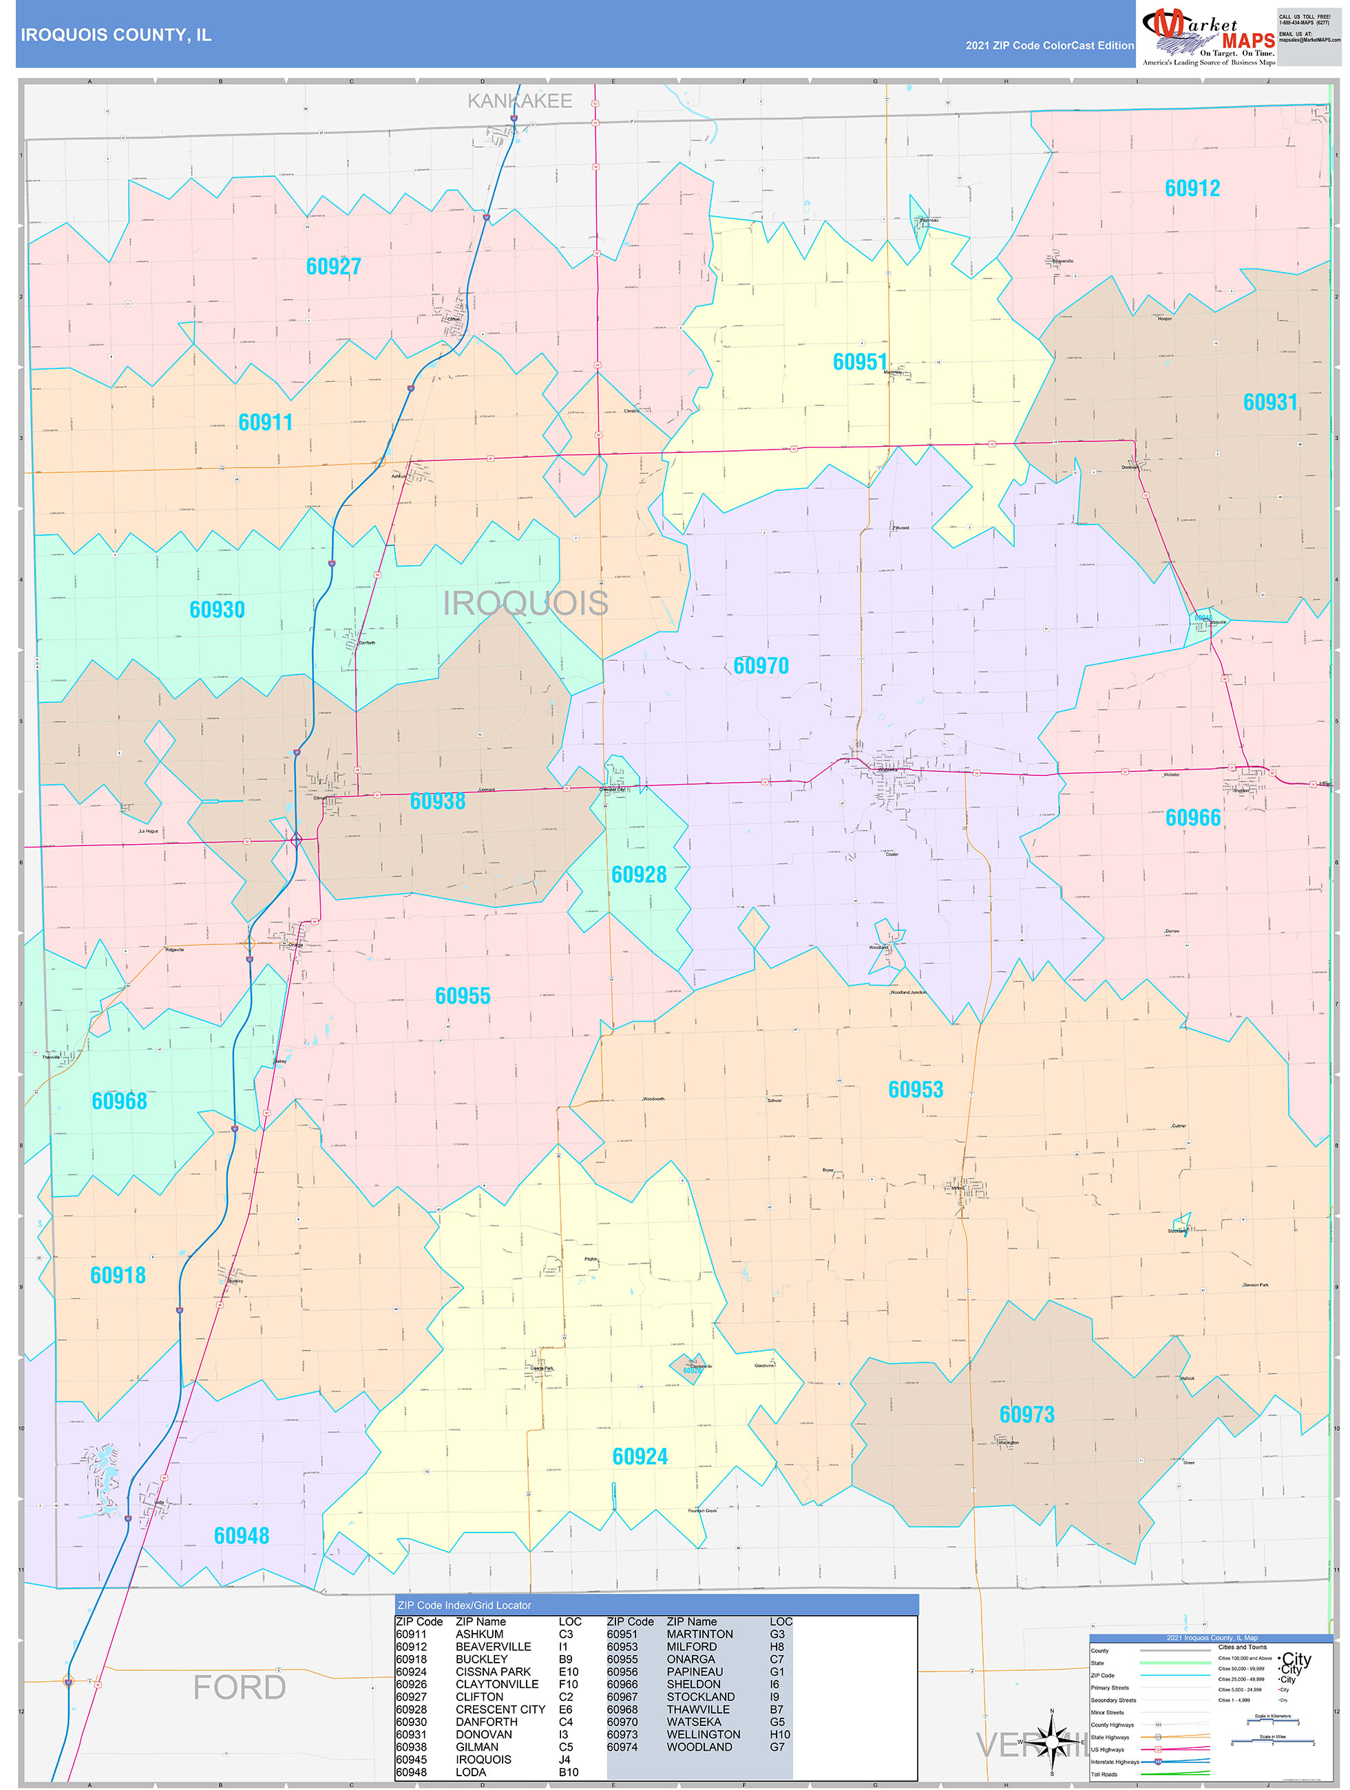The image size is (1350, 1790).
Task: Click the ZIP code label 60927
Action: [333, 266]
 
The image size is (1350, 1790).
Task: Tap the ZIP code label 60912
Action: [1192, 189]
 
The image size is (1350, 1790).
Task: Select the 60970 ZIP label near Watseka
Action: [760, 665]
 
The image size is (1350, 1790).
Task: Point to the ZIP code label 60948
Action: [241, 1535]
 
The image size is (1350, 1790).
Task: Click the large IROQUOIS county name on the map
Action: [525, 603]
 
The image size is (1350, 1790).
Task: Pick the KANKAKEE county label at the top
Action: [520, 101]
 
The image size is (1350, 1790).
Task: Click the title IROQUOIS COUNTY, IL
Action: [116, 35]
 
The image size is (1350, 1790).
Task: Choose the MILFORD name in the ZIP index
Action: [690, 1647]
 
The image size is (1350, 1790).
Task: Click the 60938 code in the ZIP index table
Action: [411, 1747]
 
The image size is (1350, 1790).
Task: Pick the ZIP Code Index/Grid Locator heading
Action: [465, 1605]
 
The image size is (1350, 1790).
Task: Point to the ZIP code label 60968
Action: [119, 1101]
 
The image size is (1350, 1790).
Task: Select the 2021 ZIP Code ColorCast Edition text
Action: [1049, 45]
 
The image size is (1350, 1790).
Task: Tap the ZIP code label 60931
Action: [1270, 402]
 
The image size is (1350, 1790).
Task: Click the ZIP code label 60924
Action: [640, 1457]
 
